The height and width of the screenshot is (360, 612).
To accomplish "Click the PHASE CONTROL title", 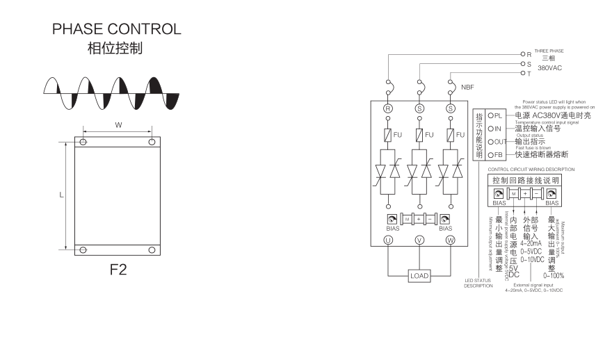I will click(x=117, y=29).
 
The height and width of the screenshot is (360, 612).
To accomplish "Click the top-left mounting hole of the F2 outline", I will click(x=83, y=142).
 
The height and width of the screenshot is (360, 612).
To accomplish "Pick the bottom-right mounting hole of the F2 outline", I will click(x=152, y=249).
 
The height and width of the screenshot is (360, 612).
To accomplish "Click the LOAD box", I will click(x=419, y=276).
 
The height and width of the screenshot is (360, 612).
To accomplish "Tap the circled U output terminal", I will click(x=389, y=240).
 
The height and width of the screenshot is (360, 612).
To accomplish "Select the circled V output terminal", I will click(x=419, y=240).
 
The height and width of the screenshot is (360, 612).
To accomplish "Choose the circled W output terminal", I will click(x=450, y=240).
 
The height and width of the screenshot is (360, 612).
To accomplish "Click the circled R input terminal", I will click(x=389, y=108).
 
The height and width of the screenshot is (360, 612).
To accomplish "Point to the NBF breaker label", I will click(x=467, y=88).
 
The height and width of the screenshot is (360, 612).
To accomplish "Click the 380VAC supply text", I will click(x=549, y=68).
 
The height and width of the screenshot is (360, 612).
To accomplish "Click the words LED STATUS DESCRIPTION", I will click(x=478, y=283).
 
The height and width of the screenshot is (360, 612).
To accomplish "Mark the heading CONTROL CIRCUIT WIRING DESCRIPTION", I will click(x=531, y=169).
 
